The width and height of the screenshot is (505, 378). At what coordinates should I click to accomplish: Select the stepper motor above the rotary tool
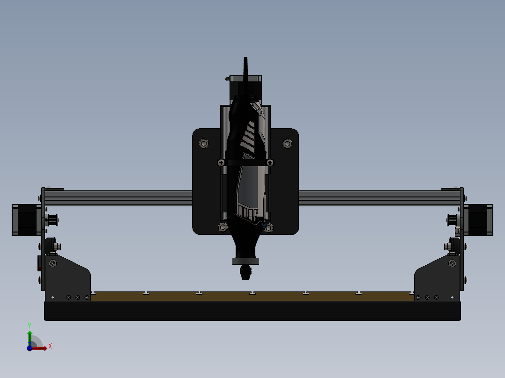coord(245,87)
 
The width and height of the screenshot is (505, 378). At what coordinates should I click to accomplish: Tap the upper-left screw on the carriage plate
coord(204,143)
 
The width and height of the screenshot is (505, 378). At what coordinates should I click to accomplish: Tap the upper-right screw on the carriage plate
coord(287,143)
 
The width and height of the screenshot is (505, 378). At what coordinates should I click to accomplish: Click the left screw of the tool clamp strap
coord(221,163)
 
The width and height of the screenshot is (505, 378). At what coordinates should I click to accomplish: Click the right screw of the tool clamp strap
coord(270,163)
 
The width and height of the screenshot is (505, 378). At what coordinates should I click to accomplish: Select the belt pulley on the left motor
coord(52,219)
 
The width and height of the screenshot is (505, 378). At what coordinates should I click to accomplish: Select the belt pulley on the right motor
coord(453,219)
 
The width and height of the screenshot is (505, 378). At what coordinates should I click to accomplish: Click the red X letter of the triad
coord(50,346)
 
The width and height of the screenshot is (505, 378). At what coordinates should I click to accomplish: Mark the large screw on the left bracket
coord(52,263)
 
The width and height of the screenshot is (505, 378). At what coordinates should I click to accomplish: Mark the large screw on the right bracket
coord(452,263)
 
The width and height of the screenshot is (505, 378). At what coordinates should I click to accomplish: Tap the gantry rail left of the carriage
coord(117,198)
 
